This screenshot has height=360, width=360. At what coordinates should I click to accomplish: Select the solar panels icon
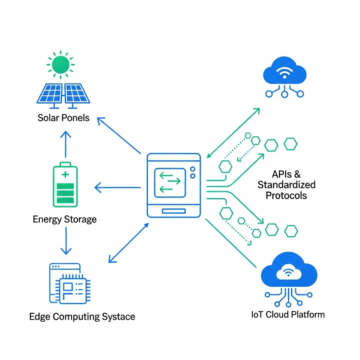coord(63,95)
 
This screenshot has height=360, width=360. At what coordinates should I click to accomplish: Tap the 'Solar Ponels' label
coord(63,118)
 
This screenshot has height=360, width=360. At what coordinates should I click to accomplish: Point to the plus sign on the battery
coord(65,175)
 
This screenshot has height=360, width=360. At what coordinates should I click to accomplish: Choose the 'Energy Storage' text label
coord(65,220)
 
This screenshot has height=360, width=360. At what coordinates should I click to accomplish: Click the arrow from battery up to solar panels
coord(65,144)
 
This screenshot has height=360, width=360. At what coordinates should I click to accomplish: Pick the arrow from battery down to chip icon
coord(65,241)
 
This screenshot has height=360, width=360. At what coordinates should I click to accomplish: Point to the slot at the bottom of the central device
coord(174,211)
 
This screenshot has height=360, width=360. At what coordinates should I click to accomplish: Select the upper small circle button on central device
coord(192,169)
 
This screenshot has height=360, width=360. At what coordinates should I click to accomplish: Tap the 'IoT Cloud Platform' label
coord(288,314)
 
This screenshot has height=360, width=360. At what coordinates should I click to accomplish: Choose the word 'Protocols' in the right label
coord(286,195)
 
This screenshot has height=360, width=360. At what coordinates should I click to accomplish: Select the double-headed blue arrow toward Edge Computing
coord(129,243)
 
